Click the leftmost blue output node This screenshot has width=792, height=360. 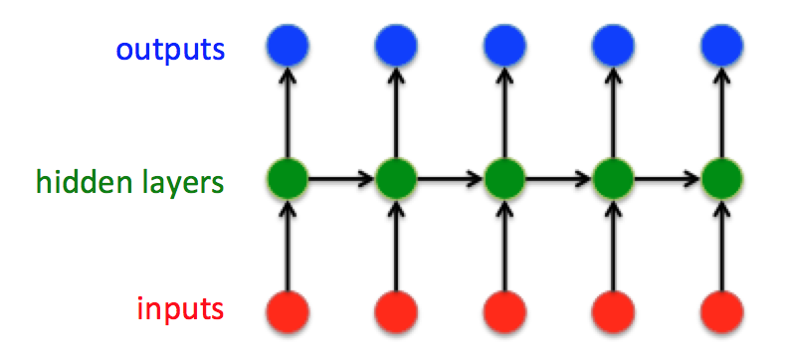(288, 44)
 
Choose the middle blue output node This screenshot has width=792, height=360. (504, 44)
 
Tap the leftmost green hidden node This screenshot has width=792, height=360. (288, 181)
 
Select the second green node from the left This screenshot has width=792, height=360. (396, 181)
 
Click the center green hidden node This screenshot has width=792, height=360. (504, 181)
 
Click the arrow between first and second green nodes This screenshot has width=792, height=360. (341, 181)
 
